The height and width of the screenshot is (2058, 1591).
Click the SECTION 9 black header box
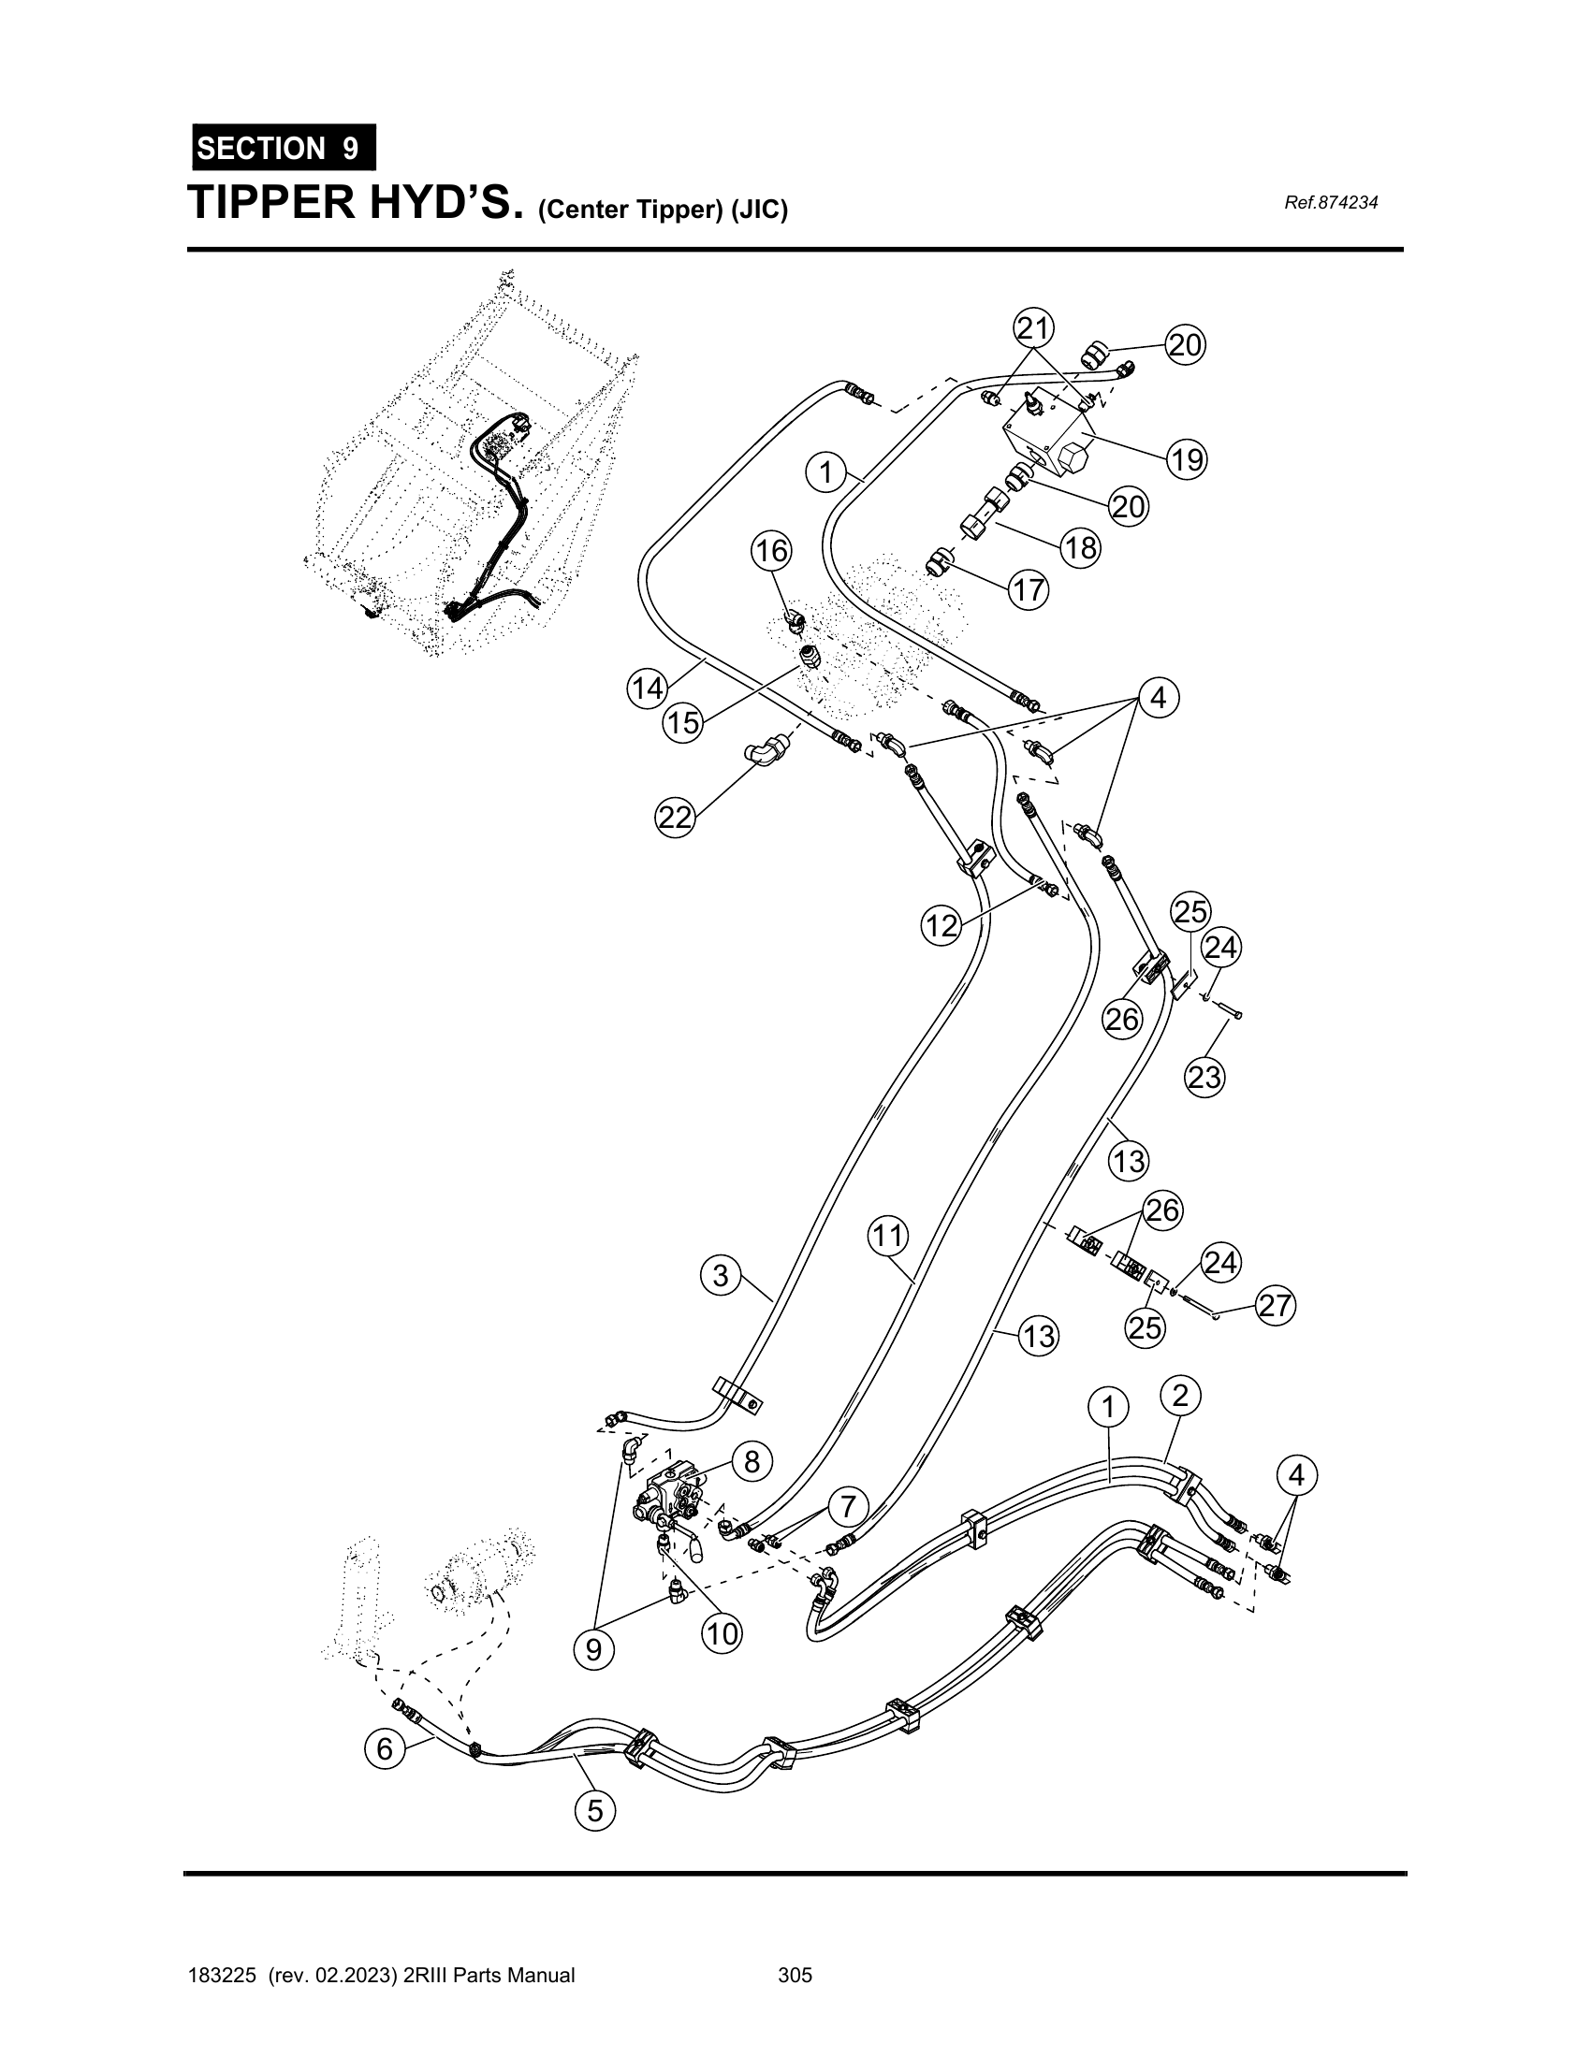point(284,148)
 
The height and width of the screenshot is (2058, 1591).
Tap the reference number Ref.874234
point(1331,203)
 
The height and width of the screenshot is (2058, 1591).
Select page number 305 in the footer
point(795,1975)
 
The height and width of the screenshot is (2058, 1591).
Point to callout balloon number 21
point(1033,329)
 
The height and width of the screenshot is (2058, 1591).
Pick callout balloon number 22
point(675,816)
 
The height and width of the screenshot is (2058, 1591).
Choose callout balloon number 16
point(771,550)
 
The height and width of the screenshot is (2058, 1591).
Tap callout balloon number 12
point(941,925)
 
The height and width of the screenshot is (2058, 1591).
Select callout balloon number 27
point(1275,1306)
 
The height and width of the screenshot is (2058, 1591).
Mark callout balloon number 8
point(752,1461)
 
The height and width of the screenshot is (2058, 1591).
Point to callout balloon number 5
point(594,1810)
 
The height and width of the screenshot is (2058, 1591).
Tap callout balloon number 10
point(722,1633)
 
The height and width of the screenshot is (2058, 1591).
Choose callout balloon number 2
point(1180,1395)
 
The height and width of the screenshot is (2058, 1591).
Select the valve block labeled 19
point(1046,438)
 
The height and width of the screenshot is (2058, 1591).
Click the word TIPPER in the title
point(267,203)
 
